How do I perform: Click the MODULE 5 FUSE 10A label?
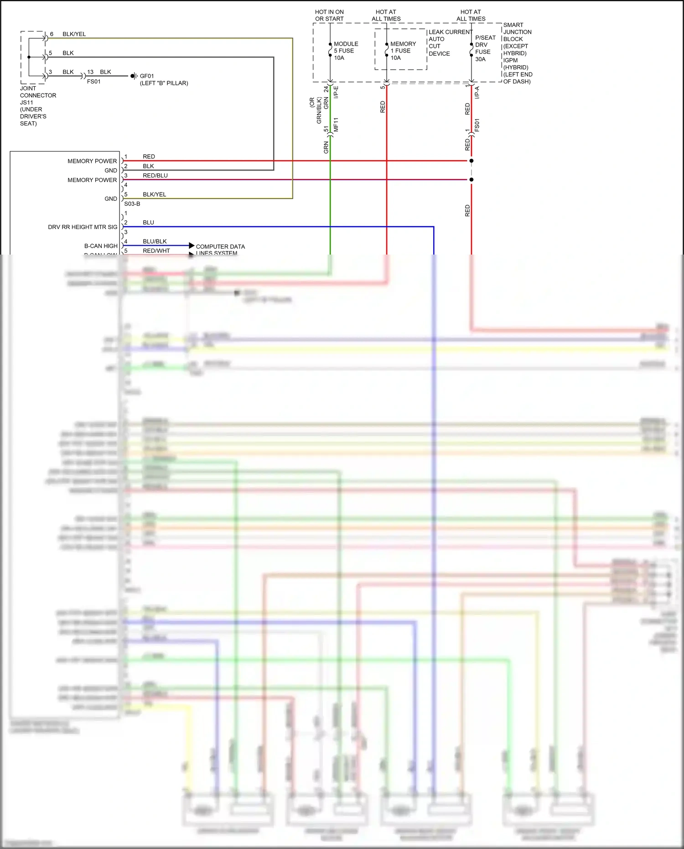[x=346, y=51]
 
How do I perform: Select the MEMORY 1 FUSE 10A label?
[x=403, y=51]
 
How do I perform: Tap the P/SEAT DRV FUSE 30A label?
[x=485, y=48]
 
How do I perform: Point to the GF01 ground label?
[x=147, y=76]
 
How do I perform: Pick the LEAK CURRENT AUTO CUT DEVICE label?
[x=450, y=43]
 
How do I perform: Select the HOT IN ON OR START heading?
[x=329, y=16]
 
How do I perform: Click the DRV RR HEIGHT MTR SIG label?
[x=83, y=227]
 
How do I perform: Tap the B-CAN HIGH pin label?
[x=101, y=246]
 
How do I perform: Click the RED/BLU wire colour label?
[x=155, y=176]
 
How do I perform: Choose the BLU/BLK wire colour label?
[x=155, y=241]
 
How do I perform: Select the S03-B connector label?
[x=132, y=204]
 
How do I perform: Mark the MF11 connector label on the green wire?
[x=336, y=125]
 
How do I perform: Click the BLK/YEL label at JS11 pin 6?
[x=74, y=34]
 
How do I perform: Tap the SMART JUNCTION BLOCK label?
[x=517, y=53]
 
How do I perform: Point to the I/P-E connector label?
[x=336, y=93]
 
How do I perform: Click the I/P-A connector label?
[x=477, y=93]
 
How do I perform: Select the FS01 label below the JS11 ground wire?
[x=93, y=82]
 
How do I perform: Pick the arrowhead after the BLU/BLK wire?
[x=192, y=246]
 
